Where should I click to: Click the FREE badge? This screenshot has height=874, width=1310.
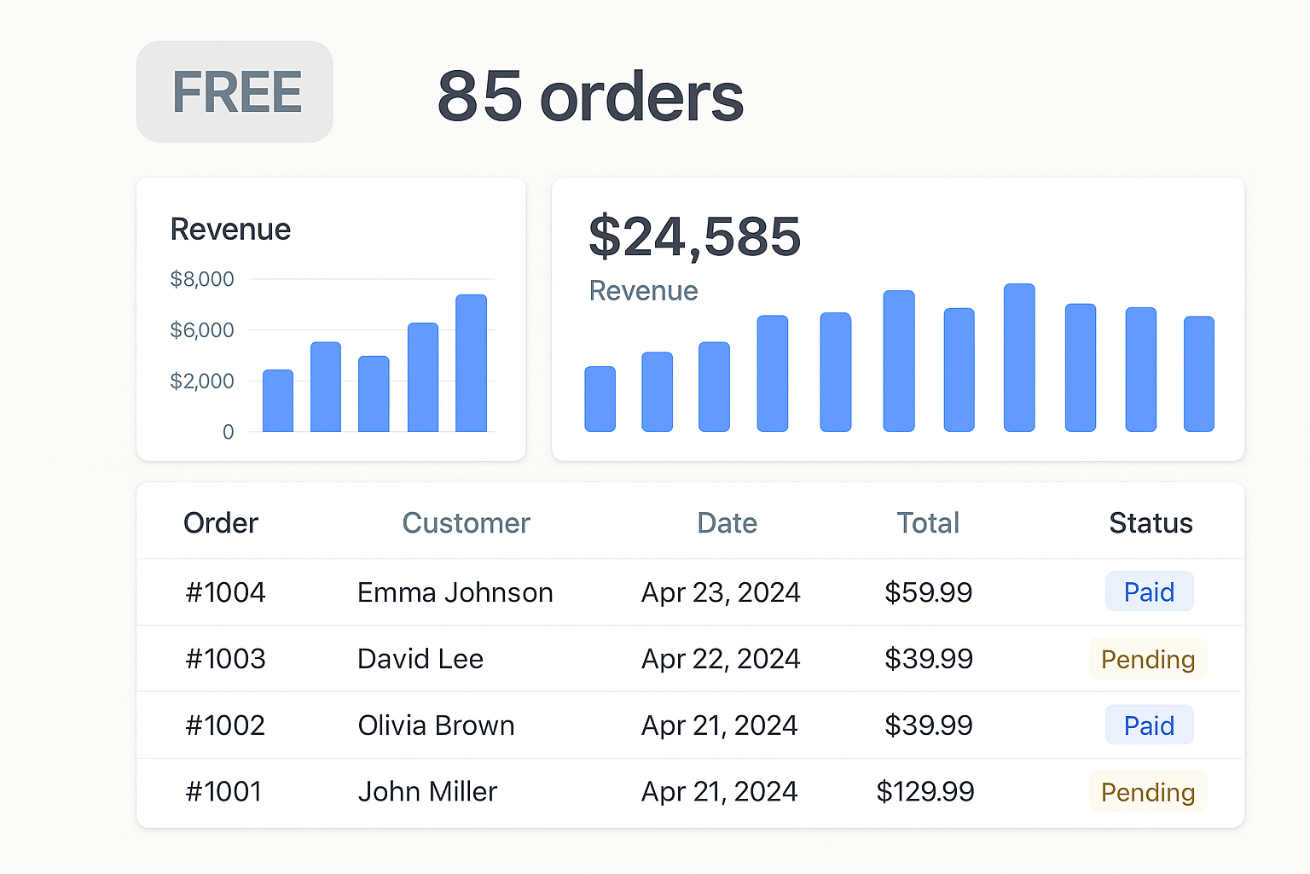tap(235, 92)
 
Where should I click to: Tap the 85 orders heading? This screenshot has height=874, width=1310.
tap(590, 96)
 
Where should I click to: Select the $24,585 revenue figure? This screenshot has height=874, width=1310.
tap(694, 236)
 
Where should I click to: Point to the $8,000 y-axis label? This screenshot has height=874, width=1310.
tap(202, 279)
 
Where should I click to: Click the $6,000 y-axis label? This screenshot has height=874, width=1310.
tap(202, 330)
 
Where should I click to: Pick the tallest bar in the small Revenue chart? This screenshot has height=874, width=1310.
tap(471, 363)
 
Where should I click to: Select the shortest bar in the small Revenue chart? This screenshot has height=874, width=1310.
tap(278, 400)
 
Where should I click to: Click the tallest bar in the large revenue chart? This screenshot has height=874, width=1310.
tap(1019, 358)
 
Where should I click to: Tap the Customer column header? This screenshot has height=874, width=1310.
tap(466, 523)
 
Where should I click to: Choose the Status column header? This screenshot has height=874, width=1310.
tap(1151, 523)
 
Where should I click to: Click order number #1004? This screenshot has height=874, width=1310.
tap(225, 592)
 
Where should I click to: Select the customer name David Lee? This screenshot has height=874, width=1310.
tap(420, 659)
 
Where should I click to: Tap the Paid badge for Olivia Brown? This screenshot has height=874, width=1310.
tap(1149, 725)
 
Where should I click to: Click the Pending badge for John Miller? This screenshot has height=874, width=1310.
tap(1148, 792)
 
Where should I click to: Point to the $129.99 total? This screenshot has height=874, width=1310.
tap(925, 792)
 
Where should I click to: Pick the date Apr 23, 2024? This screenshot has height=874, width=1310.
tap(721, 592)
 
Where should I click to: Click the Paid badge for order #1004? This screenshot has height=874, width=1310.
tap(1149, 592)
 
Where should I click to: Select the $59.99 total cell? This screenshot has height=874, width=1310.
tap(928, 592)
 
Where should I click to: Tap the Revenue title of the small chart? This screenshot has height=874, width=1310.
tap(230, 230)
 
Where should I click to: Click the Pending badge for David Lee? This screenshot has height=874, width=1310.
tap(1148, 659)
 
